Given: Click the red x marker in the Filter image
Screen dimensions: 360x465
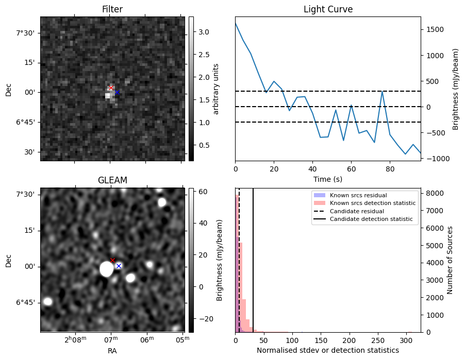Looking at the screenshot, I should [x=111, y=88].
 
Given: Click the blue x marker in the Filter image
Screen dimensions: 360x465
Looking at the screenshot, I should [x=117, y=92].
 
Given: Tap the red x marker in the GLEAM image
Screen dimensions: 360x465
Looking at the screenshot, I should [x=112, y=260].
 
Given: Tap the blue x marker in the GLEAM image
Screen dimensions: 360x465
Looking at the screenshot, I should [x=119, y=266].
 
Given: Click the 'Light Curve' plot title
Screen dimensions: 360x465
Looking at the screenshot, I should [x=328, y=9].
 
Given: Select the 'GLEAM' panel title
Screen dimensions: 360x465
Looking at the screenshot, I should [x=112, y=180].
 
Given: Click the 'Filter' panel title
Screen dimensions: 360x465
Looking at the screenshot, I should [x=112, y=9].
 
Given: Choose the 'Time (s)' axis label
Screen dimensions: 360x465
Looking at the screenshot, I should [x=328, y=179].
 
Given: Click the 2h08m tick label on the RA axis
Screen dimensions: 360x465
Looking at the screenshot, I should [x=75, y=340].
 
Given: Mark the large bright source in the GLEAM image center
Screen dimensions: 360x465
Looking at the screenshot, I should [x=107, y=269].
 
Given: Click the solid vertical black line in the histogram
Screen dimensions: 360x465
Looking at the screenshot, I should [x=253, y=258].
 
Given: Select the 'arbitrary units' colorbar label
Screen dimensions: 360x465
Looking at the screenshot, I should [x=216, y=89].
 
